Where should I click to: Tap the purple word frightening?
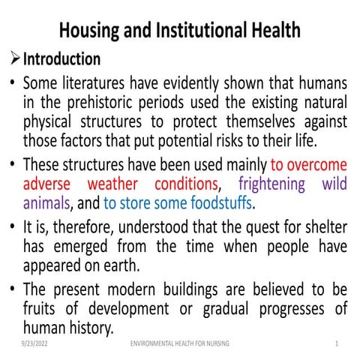(x=272, y=183)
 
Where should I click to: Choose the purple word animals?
(x=46, y=202)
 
